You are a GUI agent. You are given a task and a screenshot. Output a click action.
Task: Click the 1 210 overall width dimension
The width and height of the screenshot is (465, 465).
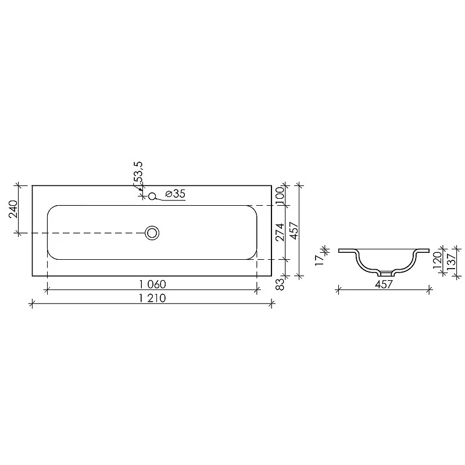[x=152, y=298]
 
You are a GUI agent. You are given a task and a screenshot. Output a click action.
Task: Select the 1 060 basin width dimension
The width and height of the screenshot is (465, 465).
[x=152, y=284]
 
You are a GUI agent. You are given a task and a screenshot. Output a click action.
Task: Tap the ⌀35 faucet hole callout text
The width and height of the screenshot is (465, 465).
[x=175, y=194]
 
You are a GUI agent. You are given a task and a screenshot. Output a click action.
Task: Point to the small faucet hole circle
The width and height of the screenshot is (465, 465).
[x=152, y=196]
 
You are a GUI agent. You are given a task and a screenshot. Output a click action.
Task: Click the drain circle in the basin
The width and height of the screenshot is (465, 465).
[x=152, y=233]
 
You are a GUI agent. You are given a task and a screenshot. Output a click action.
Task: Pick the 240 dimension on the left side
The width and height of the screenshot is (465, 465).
[x=13, y=209]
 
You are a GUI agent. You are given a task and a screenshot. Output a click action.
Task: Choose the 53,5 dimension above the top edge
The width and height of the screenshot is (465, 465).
[x=138, y=173]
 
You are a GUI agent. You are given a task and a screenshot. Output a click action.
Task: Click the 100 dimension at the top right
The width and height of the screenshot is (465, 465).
[x=280, y=195]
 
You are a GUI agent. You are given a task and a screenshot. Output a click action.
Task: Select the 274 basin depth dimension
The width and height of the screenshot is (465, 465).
[x=280, y=232]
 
